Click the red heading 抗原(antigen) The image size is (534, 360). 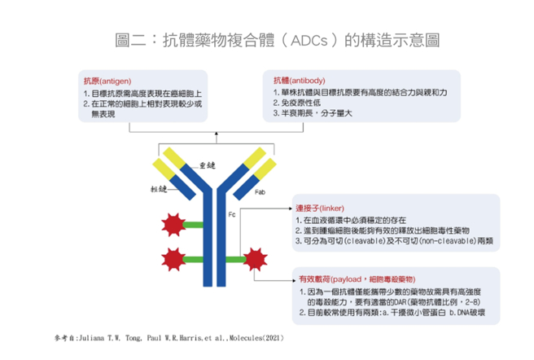(104, 81)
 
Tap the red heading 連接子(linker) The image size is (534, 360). (316, 208)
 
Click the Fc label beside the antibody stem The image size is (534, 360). (232, 217)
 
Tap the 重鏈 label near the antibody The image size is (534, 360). (207, 165)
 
